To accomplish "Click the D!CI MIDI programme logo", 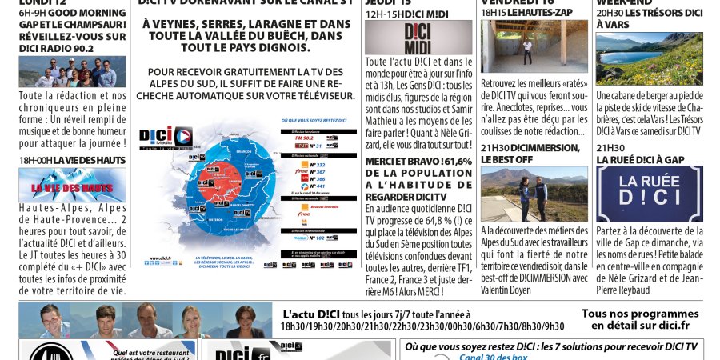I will pyautogui.click(x=406, y=38).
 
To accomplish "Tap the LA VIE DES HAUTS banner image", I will pyautogui.click(x=72, y=185).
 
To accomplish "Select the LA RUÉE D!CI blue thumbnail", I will pyautogui.click(x=649, y=194).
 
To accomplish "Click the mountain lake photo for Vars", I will pyautogui.click(x=649, y=58).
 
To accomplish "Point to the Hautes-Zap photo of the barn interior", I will pyautogui.click(x=522, y=46).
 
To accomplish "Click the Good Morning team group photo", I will pyautogui.click(x=72, y=71).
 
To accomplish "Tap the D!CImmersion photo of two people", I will pyautogui.click(x=522, y=194).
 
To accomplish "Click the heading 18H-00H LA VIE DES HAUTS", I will pyautogui.click(x=72, y=160).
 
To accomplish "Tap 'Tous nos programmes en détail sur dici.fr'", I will pyautogui.click(x=639, y=320).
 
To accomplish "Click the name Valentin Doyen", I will pyautogui.click(x=510, y=290).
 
